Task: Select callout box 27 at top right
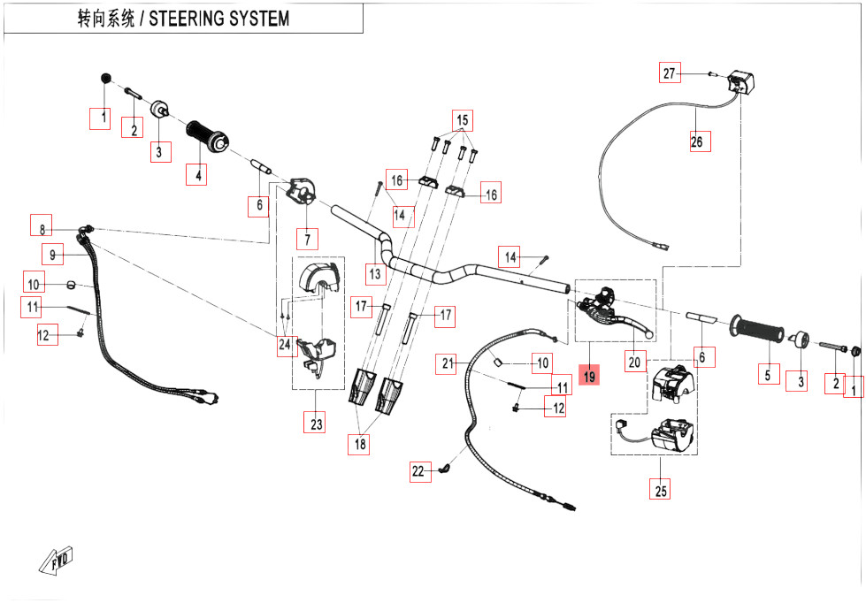pyautogui.click(x=670, y=73)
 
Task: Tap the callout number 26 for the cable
pyautogui.click(x=699, y=141)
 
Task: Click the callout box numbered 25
pyautogui.click(x=660, y=489)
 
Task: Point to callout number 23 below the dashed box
pyautogui.click(x=316, y=424)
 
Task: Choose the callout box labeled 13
pyautogui.click(x=375, y=274)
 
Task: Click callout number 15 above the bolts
pyautogui.click(x=462, y=119)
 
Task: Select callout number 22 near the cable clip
pyautogui.click(x=418, y=472)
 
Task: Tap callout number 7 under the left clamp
pyautogui.click(x=307, y=239)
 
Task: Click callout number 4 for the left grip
pyautogui.click(x=198, y=175)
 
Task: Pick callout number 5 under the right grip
pyautogui.click(x=766, y=375)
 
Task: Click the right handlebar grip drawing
pyautogui.click(x=757, y=330)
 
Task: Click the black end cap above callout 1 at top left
pyautogui.click(x=106, y=80)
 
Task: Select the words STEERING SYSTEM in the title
pyautogui.click(x=218, y=19)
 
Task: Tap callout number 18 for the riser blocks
pyautogui.click(x=359, y=445)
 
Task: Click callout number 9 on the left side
pyautogui.click(x=53, y=256)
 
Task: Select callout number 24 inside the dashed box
pyautogui.click(x=284, y=344)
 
